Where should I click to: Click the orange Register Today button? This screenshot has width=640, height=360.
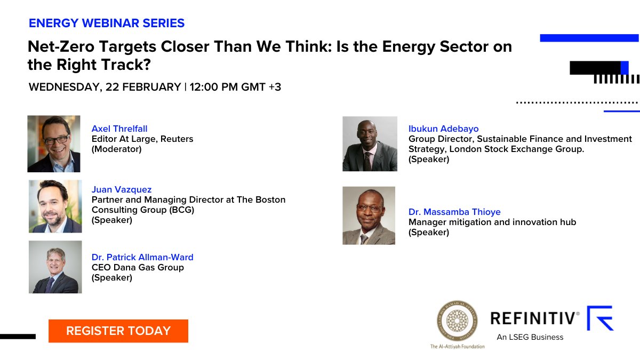pyautogui.click(x=118, y=331)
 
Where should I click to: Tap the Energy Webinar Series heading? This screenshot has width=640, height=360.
pyautogui.click(x=107, y=23)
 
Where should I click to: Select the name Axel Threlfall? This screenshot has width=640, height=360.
pyautogui.click(x=119, y=129)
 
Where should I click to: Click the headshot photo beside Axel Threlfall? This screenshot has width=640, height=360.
pyautogui.click(x=54, y=143)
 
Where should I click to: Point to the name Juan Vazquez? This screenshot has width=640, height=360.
pyautogui.click(x=122, y=189)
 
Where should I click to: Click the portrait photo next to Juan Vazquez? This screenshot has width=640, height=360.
pyautogui.click(x=55, y=206)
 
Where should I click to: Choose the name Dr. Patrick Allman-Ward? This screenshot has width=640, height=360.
pyautogui.click(x=142, y=257)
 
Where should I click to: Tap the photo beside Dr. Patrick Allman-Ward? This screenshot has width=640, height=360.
pyautogui.click(x=55, y=267)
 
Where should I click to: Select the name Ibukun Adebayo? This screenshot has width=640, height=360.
pyautogui.click(x=443, y=129)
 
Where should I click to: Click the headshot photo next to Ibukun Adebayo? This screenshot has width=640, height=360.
pyautogui.click(x=370, y=143)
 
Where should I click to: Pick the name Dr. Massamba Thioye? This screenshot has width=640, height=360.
pyautogui.click(x=454, y=212)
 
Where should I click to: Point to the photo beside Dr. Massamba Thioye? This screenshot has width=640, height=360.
pyautogui.click(x=369, y=215)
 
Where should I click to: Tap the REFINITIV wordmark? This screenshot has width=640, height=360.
pyautogui.click(x=534, y=318)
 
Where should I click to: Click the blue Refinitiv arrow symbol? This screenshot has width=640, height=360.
pyautogui.click(x=601, y=318)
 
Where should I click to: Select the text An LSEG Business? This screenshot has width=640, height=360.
pyautogui.click(x=530, y=337)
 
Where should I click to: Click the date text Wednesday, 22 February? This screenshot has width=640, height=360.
pyautogui.click(x=105, y=87)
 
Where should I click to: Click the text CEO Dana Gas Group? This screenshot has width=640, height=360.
pyautogui.click(x=138, y=267)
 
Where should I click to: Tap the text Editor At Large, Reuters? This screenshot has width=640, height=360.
pyautogui.click(x=142, y=139)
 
